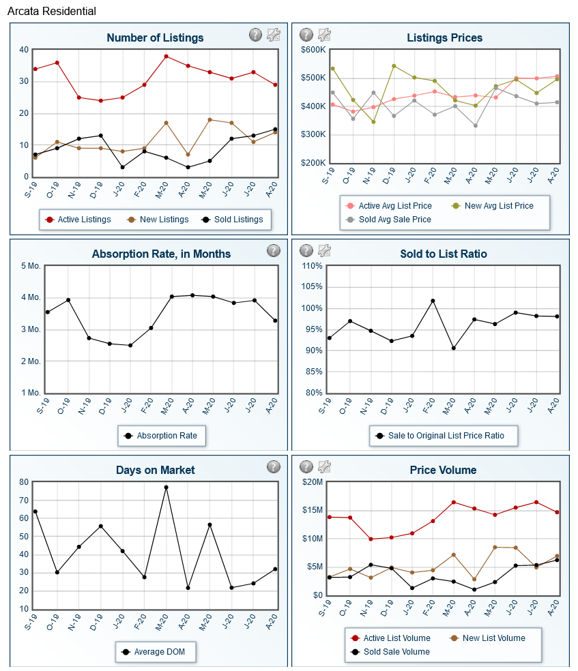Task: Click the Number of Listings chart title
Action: (155, 38)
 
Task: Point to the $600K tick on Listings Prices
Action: (312, 50)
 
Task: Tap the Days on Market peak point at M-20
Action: (166, 488)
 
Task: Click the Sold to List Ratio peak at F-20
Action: (433, 301)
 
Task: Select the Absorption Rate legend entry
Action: (161, 435)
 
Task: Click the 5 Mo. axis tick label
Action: (30, 266)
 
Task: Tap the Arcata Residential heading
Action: (51, 12)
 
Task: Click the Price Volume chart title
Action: (444, 470)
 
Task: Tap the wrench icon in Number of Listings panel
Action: (274, 35)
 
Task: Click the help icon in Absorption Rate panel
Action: (274, 250)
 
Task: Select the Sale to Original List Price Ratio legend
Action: (443, 435)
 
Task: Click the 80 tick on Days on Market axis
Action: (24, 482)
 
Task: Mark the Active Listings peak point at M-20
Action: (166, 56)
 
